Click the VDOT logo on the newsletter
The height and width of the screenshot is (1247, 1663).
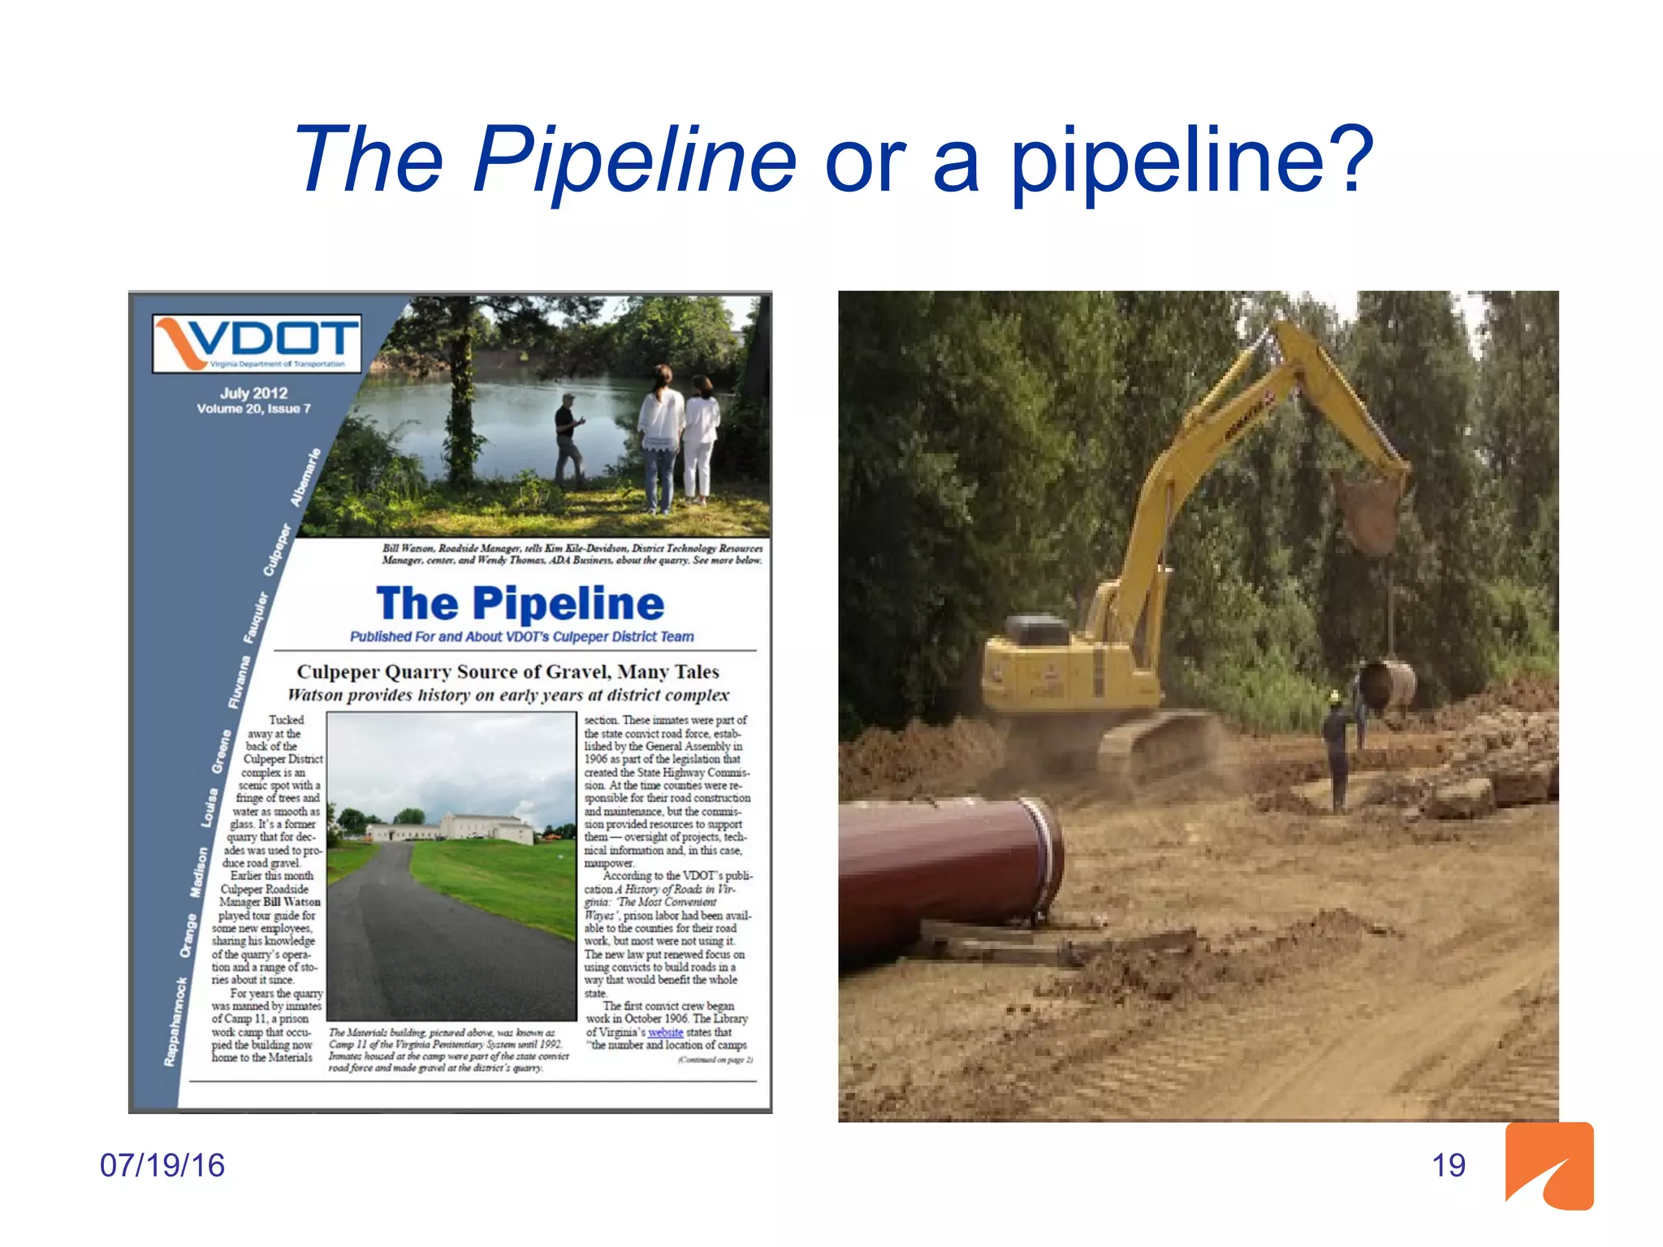257,342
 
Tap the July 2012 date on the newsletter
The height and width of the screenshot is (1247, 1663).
253,393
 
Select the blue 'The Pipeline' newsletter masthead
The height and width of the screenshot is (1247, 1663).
520,603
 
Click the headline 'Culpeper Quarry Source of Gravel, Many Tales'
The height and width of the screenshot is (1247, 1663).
508,671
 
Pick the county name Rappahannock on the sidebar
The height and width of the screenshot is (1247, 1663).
175,1020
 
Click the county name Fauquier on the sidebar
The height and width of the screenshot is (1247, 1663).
257,617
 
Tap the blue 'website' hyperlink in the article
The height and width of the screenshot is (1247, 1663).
665,1032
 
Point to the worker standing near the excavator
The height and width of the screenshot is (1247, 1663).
1336,747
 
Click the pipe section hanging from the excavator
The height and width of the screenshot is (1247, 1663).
1387,684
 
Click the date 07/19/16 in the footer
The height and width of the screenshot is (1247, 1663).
162,1165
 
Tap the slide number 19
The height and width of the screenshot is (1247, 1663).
1448,1165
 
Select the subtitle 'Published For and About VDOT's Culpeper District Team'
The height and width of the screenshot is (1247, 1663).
521,636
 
